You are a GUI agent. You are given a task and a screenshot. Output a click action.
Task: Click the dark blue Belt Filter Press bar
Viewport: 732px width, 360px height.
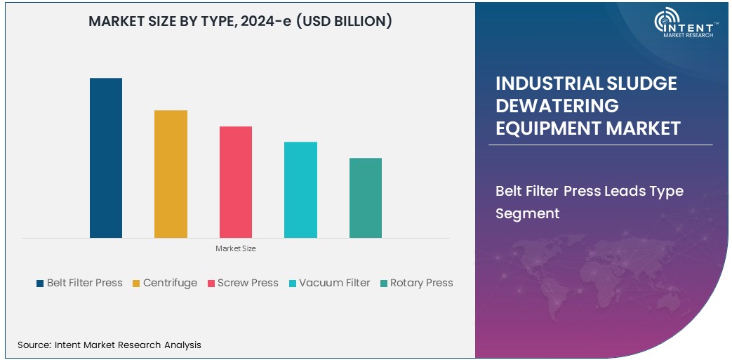click(x=106, y=158)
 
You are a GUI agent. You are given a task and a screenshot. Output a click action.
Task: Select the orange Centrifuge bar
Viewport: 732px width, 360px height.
click(x=171, y=174)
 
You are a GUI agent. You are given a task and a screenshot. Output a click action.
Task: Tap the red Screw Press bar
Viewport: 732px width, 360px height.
click(x=236, y=182)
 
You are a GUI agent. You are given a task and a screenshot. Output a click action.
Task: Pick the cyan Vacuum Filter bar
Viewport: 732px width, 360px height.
click(x=300, y=189)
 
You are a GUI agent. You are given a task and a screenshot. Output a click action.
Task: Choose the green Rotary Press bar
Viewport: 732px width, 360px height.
click(x=366, y=198)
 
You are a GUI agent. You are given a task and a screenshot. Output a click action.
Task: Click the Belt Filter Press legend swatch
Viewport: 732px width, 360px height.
click(x=40, y=284)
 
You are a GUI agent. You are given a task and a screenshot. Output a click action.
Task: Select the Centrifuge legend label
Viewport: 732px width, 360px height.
click(x=170, y=283)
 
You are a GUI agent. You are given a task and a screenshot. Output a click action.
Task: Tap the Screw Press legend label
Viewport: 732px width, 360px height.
click(x=248, y=283)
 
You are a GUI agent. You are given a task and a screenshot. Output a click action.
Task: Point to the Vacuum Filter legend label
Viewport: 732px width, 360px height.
click(x=334, y=283)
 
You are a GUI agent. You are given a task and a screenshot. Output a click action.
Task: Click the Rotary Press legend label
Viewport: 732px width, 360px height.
click(x=421, y=283)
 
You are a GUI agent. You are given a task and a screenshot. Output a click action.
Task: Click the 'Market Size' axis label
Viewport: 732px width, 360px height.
click(x=236, y=248)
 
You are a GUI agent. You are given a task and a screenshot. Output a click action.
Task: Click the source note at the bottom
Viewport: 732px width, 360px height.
click(x=109, y=345)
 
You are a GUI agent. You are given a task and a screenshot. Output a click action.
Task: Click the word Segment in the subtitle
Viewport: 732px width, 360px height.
click(x=527, y=213)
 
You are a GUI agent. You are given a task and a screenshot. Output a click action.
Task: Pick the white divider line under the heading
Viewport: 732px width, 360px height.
click(x=600, y=145)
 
